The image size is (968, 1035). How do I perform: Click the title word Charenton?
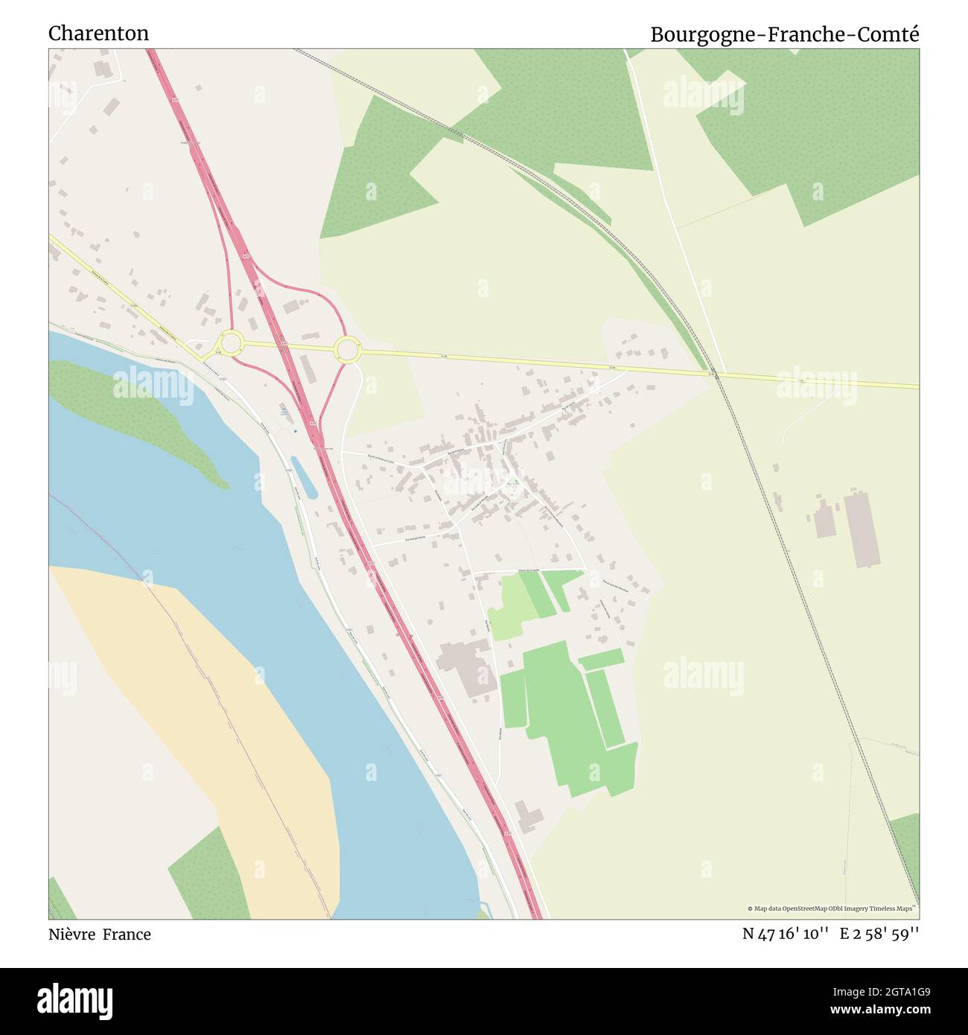click(x=98, y=34)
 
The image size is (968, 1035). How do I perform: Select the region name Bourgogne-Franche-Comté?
click(x=784, y=34)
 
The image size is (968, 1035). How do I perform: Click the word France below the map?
click(x=127, y=934)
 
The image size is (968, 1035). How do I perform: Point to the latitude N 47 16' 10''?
click(x=786, y=934)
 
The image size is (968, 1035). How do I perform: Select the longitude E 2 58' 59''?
click(x=879, y=934)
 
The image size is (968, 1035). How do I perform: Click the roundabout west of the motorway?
click(x=231, y=343)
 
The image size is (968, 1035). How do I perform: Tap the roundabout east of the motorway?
click(x=347, y=349)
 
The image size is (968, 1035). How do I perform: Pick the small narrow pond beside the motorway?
click(x=304, y=477)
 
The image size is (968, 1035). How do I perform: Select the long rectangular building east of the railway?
click(x=862, y=528)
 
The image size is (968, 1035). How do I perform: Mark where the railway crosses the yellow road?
click(x=716, y=374)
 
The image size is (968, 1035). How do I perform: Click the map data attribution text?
click(x=832, y=908)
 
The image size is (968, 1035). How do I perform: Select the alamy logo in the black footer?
click(x=75, y=1000)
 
